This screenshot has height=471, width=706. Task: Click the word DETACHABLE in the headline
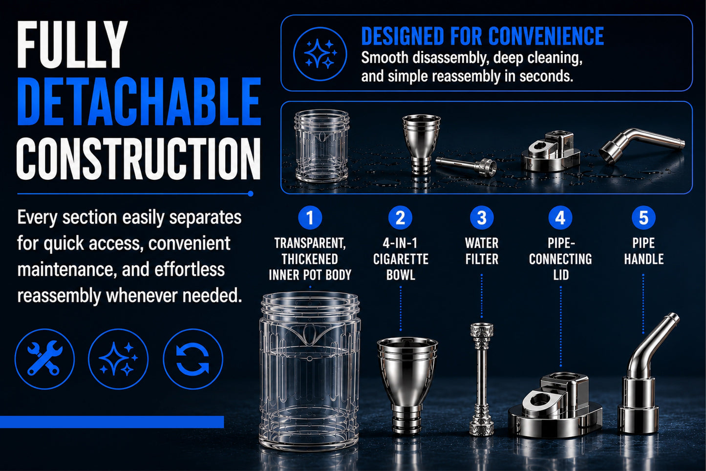(x=139, y=101)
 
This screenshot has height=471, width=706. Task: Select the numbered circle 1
(x=310, y=217)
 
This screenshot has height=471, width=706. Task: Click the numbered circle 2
(x=400, y=217)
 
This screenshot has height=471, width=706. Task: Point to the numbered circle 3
(x=482, y=217)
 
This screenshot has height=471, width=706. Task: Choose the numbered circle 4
(x=560, y=217)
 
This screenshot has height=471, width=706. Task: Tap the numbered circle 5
(x=643, y=217)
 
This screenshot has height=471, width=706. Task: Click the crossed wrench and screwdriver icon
(x=44, y=359)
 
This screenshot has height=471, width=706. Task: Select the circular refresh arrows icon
(x=193, y=359)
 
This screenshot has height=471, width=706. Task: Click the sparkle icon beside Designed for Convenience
(x=320, y=54)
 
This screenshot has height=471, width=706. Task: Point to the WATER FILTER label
(x=482, y=251)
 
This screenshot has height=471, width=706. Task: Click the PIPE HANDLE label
(x=643, y=251)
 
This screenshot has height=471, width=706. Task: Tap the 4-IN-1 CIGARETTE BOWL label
(x=401, y=259)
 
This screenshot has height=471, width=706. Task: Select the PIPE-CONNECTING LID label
(x=560, y=259)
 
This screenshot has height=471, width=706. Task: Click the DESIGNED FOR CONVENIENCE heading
(x=482, y=36)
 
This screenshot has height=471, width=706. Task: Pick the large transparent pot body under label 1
(x=309, y=370)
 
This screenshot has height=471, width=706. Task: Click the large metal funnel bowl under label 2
(x=407, y=385)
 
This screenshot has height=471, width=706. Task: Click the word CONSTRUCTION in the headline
(x=139, y=159)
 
